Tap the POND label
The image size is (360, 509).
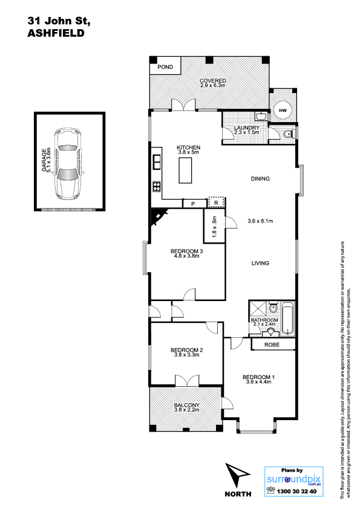point(165,67)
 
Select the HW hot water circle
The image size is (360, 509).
point(283,111)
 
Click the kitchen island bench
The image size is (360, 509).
point(184,171)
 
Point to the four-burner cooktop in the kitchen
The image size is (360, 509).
point(157,186)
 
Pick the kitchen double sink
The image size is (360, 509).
point(157,162)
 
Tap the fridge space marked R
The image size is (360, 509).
point(216,203)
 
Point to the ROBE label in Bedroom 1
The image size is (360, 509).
point(272,345)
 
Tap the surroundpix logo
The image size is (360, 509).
point(293,479)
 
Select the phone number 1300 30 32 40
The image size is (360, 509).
point(296,491)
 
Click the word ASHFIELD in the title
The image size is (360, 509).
point(56,33)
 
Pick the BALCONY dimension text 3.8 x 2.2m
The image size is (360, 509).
point(186,410)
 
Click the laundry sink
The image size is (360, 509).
point(261,116)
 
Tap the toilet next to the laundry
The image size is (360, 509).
point(288,134)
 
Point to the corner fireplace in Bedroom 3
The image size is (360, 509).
point(158,216)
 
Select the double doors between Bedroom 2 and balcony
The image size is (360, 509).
point(187,380)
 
